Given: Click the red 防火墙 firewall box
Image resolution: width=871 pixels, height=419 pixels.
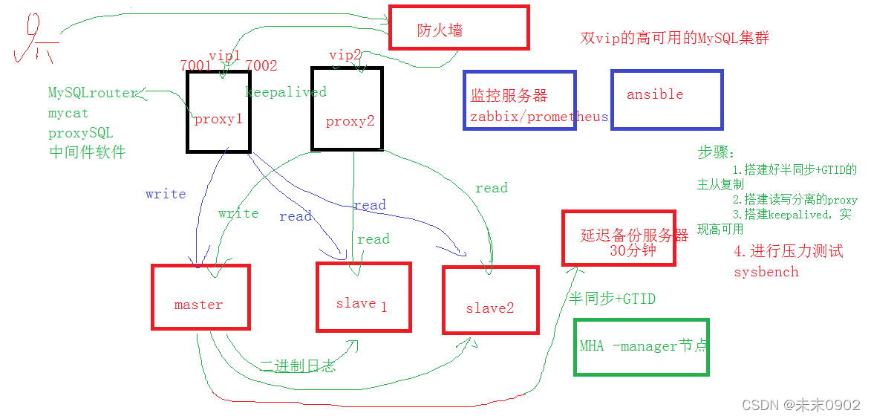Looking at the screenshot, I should point(459,28).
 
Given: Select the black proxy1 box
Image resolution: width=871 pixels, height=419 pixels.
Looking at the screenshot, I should point(218,111).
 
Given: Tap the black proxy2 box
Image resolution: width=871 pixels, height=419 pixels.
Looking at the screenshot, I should point(347,108).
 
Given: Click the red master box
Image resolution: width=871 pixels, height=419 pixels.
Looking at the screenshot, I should point(200,297).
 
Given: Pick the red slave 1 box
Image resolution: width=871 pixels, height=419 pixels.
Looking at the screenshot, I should point(363,296).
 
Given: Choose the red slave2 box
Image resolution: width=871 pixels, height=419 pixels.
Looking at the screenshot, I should point(490,299).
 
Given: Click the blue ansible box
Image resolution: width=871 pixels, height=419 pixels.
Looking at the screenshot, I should point(666,100).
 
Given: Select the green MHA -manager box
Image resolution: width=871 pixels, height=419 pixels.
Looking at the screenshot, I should point(642,347).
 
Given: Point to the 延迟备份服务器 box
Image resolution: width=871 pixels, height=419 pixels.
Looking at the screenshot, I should point(619,238).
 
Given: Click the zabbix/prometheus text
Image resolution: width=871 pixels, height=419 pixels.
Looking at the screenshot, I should point(538,117).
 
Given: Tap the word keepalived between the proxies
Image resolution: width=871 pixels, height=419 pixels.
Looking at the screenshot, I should point(286,92).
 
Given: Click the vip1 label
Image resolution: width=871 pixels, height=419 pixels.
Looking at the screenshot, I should point(224,56).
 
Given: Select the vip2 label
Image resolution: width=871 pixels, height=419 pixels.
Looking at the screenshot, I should point(345,55).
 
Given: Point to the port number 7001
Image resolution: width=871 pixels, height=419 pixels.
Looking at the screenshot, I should point(195,65).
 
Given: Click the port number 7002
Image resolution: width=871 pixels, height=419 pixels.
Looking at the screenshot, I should point(261,65).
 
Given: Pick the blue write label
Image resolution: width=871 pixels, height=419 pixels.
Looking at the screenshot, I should point(166,194).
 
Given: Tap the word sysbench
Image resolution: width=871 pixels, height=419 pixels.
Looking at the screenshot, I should point(766,272).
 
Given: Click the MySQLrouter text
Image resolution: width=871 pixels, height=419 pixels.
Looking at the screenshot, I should point(93,93).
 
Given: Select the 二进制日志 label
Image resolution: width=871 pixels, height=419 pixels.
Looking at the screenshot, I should point(298,366).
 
